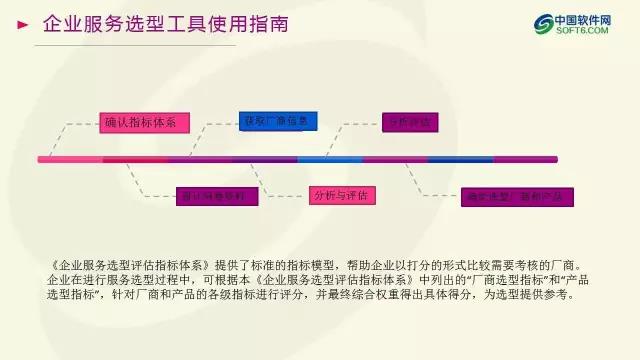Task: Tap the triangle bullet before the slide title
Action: [x=22, y=25]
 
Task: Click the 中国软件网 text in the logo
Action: [x=590, y=19]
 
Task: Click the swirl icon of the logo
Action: [x=545, y=24]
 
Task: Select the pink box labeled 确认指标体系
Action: [x=140, y=122]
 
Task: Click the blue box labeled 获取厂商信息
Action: [x=279, y=121]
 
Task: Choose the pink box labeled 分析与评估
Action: [x=340, y=194]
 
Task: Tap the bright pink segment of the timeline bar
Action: [x=70, y=158]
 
